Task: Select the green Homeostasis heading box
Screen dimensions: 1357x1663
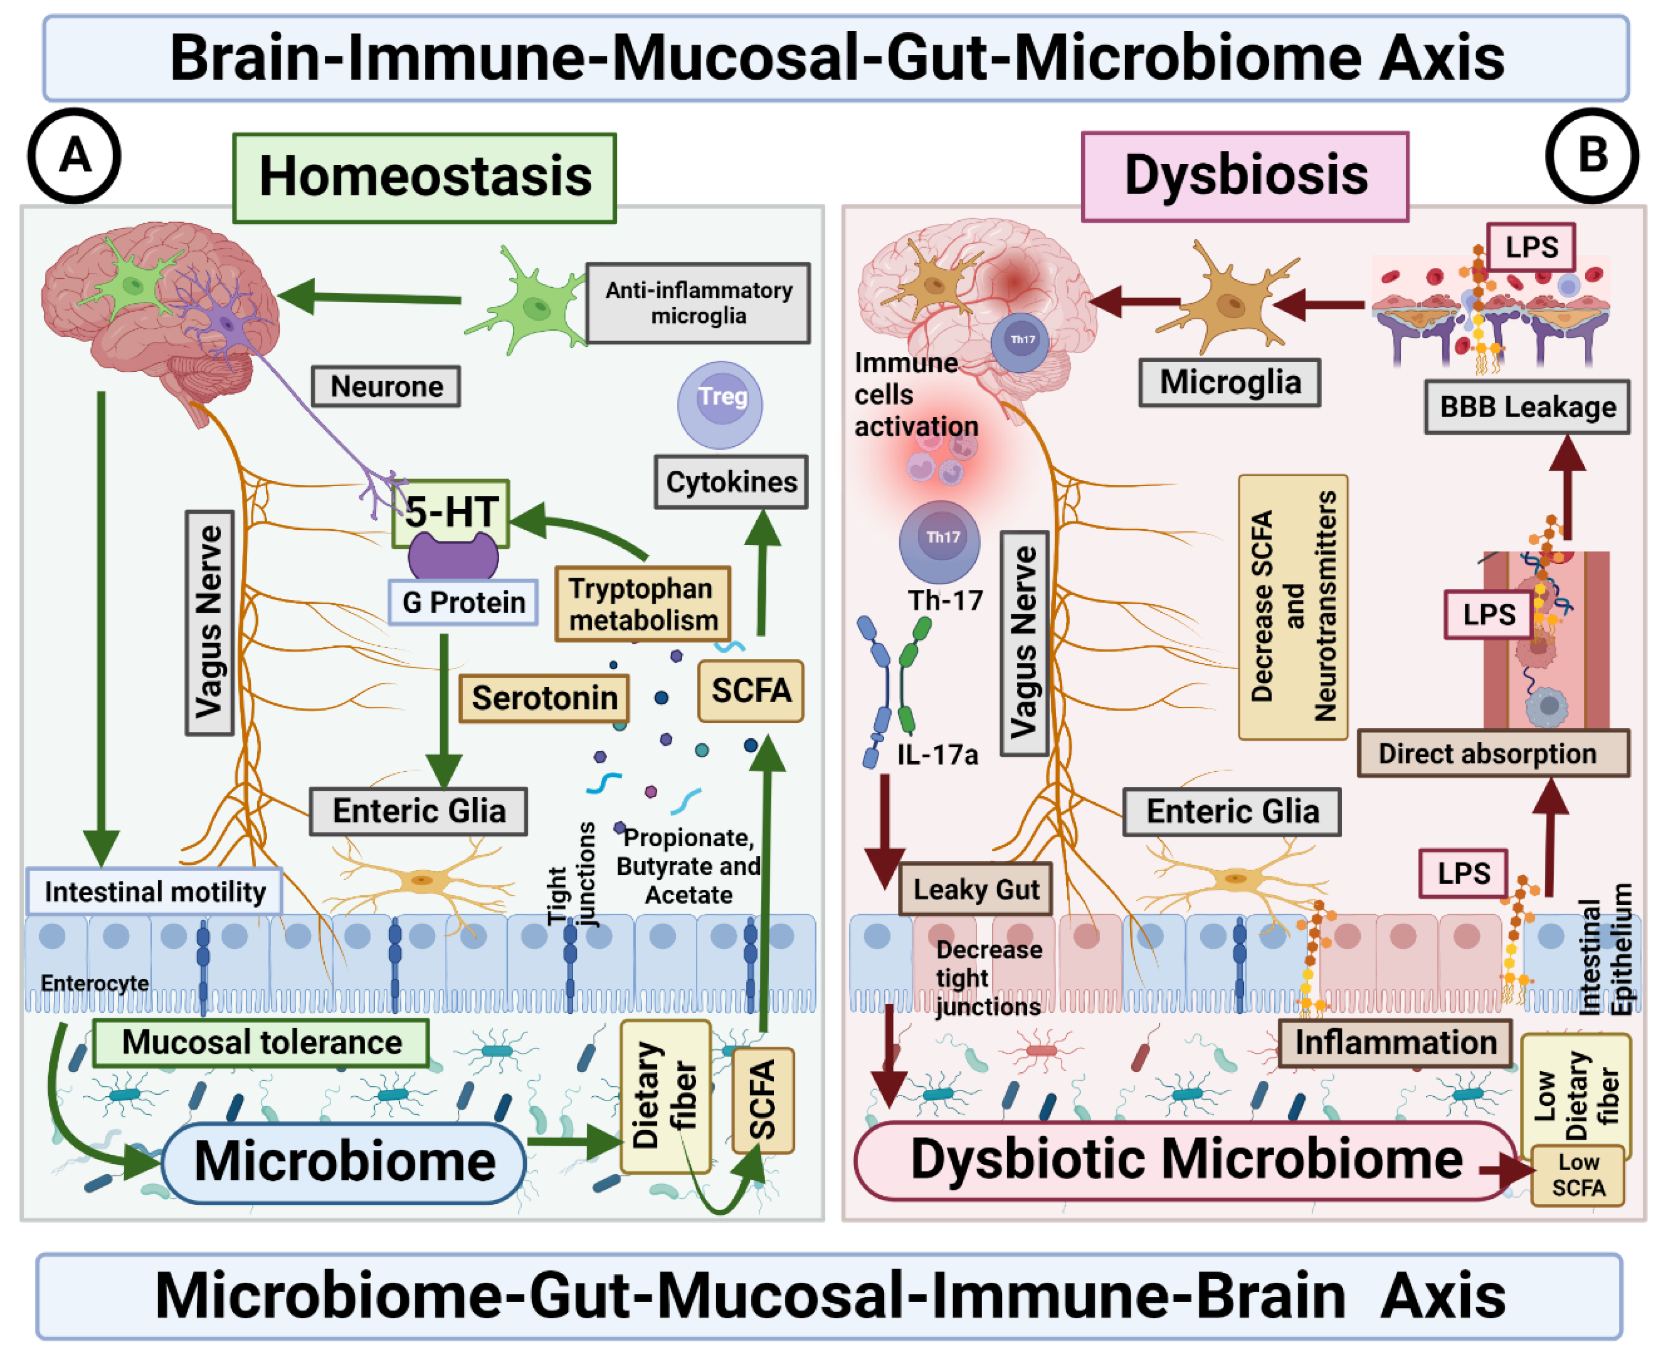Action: (x=425, y=178)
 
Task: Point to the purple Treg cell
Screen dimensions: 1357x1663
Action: (x=720, y=404)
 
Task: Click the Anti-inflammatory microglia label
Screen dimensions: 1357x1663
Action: (x=698, y=303)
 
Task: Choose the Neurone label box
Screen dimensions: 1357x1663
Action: (x=386, y=386)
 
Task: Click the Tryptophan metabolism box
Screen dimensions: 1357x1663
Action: (x=643, y=604)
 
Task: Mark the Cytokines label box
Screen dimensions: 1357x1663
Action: (x=731, y=482)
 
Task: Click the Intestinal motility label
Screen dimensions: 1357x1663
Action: (x=155, y=891)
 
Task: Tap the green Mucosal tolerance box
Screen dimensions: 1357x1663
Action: (x=261, y=1043)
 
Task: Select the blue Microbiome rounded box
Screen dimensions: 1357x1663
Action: (x=344, y=1161)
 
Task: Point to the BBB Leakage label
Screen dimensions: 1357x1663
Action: (x=1527, y=407)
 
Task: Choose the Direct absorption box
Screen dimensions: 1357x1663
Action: (x=1493, y=753)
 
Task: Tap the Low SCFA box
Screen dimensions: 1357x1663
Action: (x=1578, y=1175)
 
